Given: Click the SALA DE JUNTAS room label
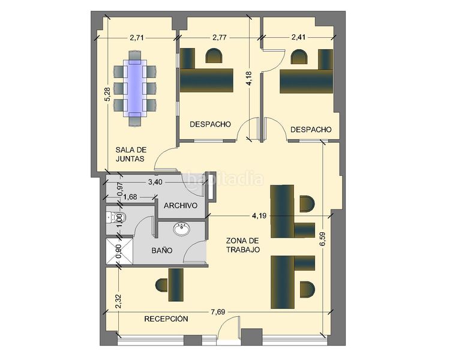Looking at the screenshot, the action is pyautogui.click(x=131, y=154).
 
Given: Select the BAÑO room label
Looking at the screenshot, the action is pyautogui.click(x=162, y=250).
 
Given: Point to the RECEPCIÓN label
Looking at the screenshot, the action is pyautogui.click(x=166, y=319).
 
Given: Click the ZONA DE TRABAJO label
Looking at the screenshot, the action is pyautogui.click(x=243, y=245).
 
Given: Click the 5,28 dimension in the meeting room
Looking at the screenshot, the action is pyautogui.click(x=107, y=94).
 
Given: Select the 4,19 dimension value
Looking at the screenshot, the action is pyautogui.click(x=259, y=215).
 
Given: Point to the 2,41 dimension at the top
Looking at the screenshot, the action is pyautogui.click(x=298, y=37).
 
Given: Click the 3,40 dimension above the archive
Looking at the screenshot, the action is pyautogui.click(x=155, y=182).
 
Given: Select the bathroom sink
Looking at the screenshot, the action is pyautogui.click(x=182, y=229).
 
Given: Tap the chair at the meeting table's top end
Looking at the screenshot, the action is pyautogui.click(x=135, y=56).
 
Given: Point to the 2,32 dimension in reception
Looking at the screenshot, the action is pyautogui.click(x=118, y=301).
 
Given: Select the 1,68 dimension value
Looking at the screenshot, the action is pyautogui.click(x=130, y=197).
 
